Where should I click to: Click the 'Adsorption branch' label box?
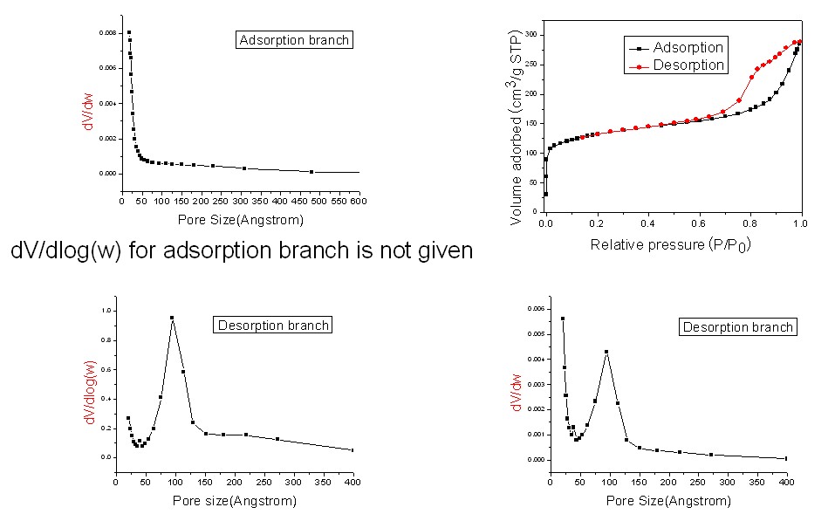point(294,39)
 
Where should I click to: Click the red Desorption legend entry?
point(676,65)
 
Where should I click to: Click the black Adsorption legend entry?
point(674,48)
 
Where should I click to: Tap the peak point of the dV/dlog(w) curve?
point(172,318)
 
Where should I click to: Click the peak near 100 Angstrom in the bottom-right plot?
point(606,352)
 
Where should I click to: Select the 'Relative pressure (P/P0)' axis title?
point(671,244)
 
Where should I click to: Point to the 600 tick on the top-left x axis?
point(359,202)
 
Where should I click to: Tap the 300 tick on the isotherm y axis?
point(530,35)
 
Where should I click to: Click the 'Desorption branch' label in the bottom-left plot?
point(273,326)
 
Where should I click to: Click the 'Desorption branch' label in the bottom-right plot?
point(737,327)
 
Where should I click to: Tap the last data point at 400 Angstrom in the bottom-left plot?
point(352,450)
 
